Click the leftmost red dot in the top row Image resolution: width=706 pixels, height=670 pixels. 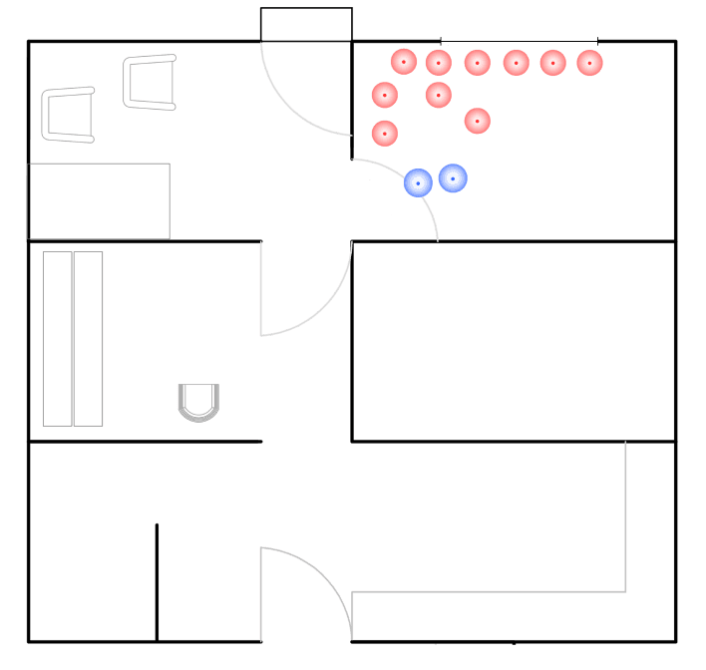click(403, 62)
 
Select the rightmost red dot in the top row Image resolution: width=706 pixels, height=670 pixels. click(589, 63)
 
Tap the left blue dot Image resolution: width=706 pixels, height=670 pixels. click(418, 182)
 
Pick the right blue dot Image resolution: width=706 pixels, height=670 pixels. click(453, 178)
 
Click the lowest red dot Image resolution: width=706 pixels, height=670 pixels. click(385, 133)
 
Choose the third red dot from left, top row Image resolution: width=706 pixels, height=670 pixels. click(477, 63)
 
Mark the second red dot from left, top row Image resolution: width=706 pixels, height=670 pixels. click(439, 63)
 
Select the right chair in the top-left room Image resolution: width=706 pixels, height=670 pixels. click(151, 82)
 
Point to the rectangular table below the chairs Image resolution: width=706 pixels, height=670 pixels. click(99, 200)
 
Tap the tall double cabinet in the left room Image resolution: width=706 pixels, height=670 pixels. click(73, 339)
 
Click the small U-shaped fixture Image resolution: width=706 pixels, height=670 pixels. click(197, 402)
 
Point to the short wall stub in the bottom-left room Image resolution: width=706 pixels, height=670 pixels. click(157, 580)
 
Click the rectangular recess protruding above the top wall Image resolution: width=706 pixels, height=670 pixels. click(306, 24)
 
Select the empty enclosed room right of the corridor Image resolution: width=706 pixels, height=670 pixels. click(514, 341)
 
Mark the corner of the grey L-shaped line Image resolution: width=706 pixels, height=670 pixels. click(625, 591)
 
